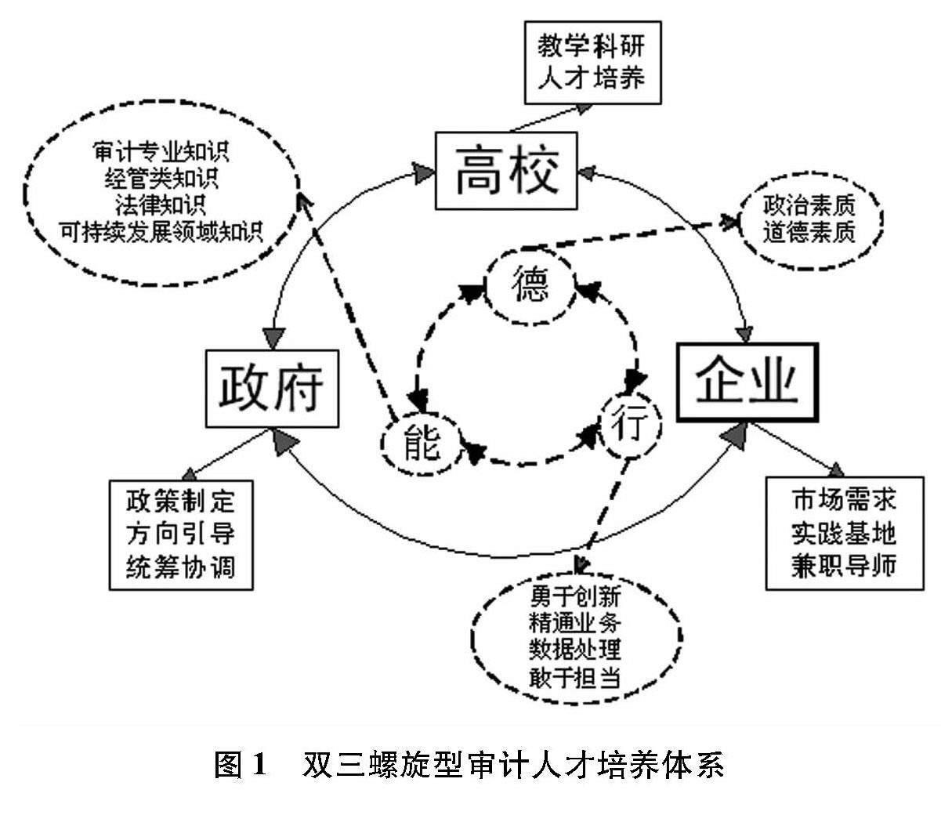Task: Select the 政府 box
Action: (271, 389)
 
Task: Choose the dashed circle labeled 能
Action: (421, 444)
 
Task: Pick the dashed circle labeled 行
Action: (632, 428)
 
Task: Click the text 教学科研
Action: (592, 46)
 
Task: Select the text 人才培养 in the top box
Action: (592, 78)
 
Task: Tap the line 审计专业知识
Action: (161, 152)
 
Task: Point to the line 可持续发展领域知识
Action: (161, 231)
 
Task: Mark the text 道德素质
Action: (809, 233)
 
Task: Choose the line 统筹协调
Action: (181, 566)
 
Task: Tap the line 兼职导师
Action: (842, 565)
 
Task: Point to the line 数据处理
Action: (575, 650)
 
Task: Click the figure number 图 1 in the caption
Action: (241, 764)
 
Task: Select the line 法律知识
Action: (161, 205)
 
